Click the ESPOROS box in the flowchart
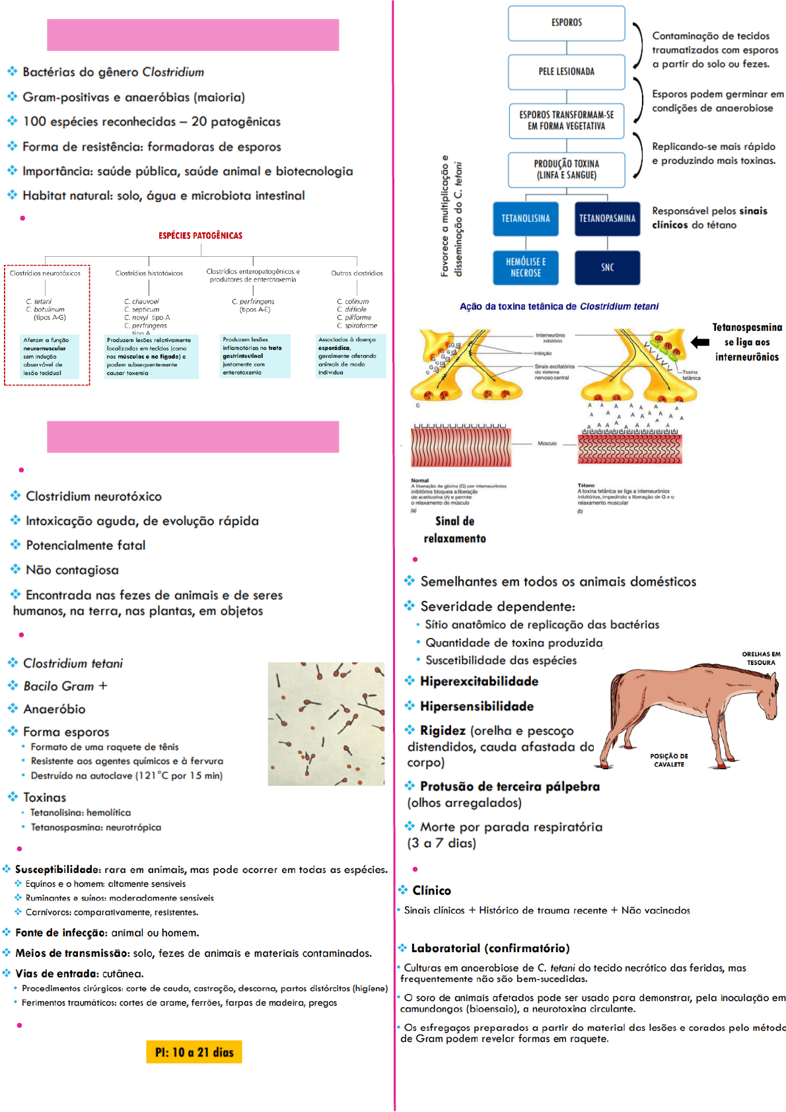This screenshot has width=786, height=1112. (x=566, y=23)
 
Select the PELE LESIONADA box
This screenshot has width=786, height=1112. (x=566, y=71)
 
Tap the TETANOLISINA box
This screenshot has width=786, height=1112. (x=525, y=219)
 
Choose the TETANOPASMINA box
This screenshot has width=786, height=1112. (x=607, y=219)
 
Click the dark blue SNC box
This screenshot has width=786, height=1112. (x=607, y=267)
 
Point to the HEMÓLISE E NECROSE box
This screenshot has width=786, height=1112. (x=525, y=267)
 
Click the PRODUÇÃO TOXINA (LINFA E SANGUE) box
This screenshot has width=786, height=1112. (x=566, y=170)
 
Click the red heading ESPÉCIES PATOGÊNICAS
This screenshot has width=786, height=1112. (x=200, y=236)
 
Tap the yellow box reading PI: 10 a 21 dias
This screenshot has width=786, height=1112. (x=194, y=1052)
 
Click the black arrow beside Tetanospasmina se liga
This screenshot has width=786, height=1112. (x=699, y=342)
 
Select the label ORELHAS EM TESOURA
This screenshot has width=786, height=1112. (x=761, y=658)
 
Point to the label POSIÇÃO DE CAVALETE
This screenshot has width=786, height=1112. (x=668, y=760)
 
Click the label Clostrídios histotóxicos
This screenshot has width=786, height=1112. (x=149, y=273)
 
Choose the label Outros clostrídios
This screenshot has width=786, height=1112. (x=357, y=273)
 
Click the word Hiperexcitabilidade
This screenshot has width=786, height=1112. (x=479, y=681)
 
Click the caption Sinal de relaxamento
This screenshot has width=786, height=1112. (x=454, y=530)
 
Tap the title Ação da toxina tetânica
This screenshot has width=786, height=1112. (x=559, y=306)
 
